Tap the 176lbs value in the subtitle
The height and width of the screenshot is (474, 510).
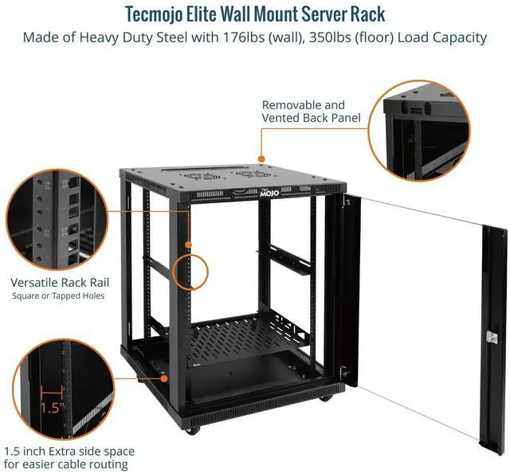tap(272, 37)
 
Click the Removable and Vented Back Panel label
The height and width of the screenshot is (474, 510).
tap(304, 111)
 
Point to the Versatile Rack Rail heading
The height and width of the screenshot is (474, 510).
tap(61, 282)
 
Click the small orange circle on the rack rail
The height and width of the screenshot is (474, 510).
tap(191, 270)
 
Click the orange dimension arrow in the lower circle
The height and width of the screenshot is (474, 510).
tap(49, 391)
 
